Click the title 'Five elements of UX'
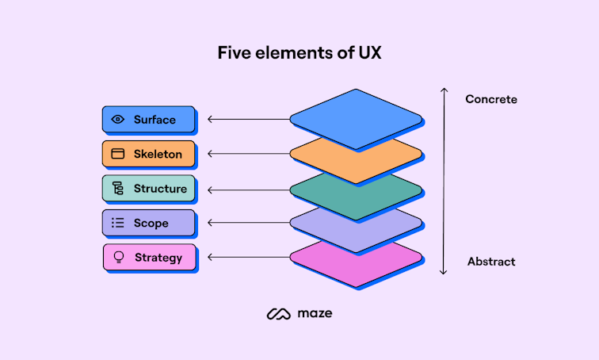pos(299,54)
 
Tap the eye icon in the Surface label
pos(118,120)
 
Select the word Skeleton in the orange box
pos(158,154)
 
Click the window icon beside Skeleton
pos(118,154)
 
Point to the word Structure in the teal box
pos(160,189)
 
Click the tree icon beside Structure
pos(118,189)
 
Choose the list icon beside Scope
pos(118,223)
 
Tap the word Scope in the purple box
pos(151,223)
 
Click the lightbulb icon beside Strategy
pos(120,258)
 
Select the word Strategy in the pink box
pos(158,258)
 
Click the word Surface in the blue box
pos(155,120)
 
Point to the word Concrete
pos(491,100)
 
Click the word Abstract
pos(491,262)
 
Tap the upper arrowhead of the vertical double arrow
pos(444,90)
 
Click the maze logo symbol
pos(279,314)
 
